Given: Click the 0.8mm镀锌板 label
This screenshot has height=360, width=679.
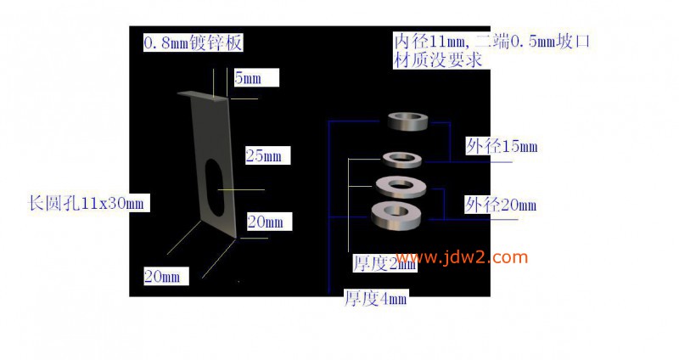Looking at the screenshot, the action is (x=193, y=43).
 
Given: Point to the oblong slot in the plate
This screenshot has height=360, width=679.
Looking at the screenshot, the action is (x=214, y=187).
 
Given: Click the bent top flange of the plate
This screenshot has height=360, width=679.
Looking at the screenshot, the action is (x=203, y=96).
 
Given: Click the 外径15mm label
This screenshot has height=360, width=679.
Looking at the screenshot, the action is (x=502, y=146).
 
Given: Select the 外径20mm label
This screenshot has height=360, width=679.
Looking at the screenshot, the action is (x=501, y=205).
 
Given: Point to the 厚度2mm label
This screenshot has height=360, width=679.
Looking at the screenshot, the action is (x=384, y=263).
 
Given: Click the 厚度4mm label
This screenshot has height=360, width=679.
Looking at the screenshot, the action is (x=375, y=299).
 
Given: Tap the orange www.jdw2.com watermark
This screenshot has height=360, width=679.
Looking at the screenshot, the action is (x=462, y=257).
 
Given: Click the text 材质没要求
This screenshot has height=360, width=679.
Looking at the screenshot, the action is (x=438, y=60).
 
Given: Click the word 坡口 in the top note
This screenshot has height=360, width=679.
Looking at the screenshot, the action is (x=574, y=42).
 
